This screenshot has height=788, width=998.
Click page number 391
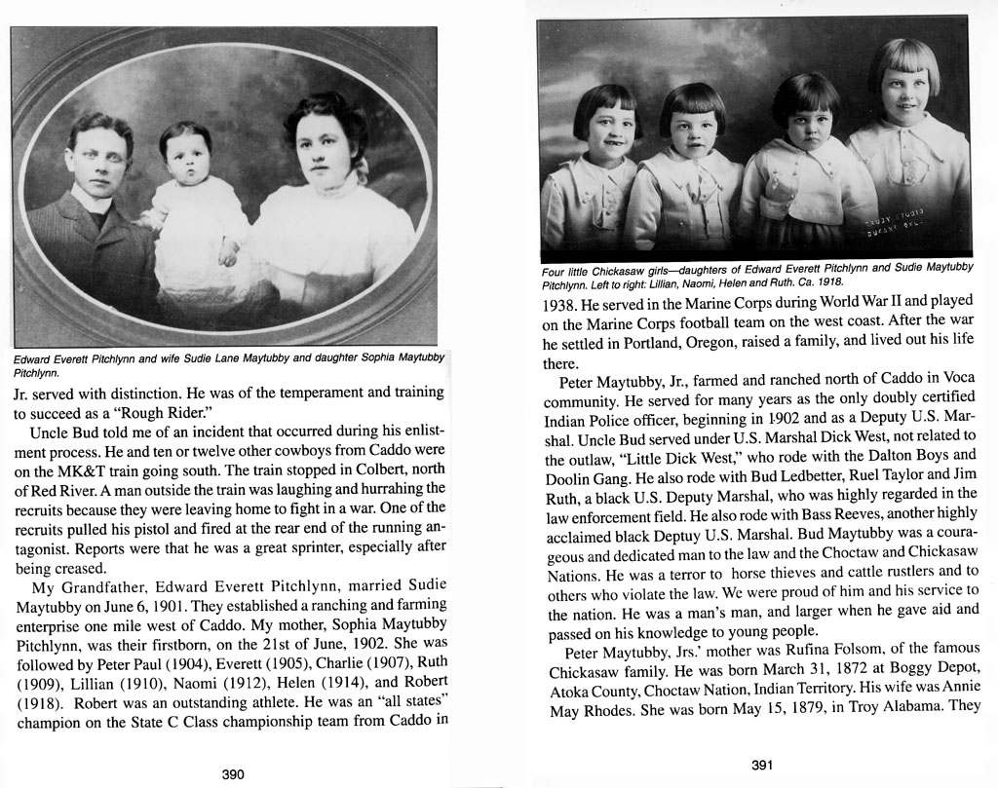click(762, 765)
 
